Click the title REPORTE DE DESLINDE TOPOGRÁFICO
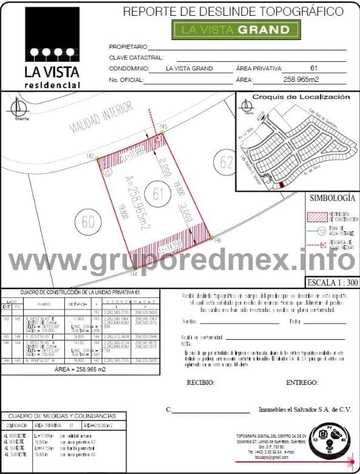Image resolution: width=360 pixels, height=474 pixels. [x=233, y=11]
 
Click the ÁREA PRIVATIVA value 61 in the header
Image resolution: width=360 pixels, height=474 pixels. [x=314, y=69]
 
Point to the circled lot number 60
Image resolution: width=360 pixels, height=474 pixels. [x=89, y=222]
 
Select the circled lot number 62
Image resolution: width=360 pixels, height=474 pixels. [x=227, y=162]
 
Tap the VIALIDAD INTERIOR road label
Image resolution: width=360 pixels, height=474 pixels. [x=101, y=117]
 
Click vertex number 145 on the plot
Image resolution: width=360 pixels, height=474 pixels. [x=163, y=126]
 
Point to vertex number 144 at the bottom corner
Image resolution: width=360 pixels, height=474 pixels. [x=134, y=275]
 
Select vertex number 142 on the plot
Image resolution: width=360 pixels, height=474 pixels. [x=90, y=157]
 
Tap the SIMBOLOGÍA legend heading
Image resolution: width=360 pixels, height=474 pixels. [x=331, y=198]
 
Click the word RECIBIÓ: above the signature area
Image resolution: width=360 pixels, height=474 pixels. [x=201, y=383]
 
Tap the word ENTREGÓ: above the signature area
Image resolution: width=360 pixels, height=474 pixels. [x=302, y=383]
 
